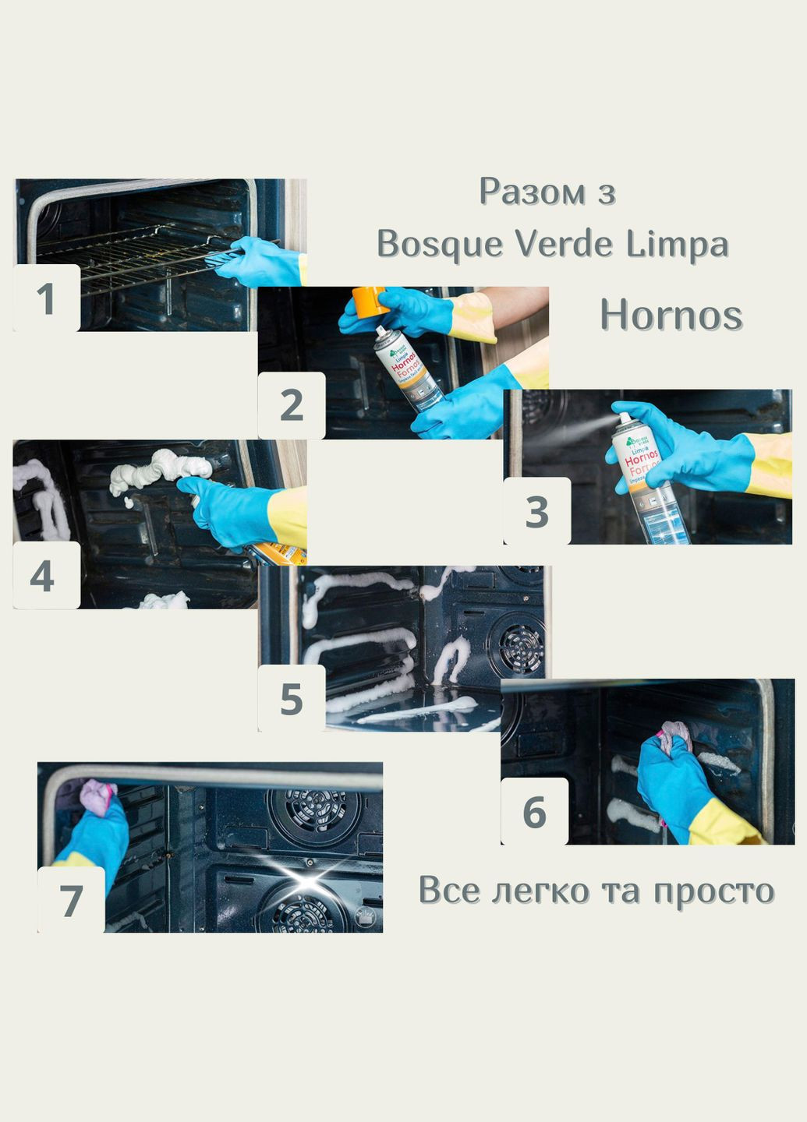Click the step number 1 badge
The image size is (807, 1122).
[46, 299]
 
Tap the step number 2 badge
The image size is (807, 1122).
[292, 405]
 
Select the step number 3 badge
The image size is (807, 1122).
[536, 511]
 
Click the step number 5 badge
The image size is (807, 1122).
[292, 698]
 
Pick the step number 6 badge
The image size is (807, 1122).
[534, 811]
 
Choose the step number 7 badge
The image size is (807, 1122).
[71, 899]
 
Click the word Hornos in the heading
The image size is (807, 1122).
[671, 316]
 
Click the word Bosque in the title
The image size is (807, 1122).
[439, 245]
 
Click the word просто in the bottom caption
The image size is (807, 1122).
[713, 891]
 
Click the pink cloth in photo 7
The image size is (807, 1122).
[97, 798]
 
